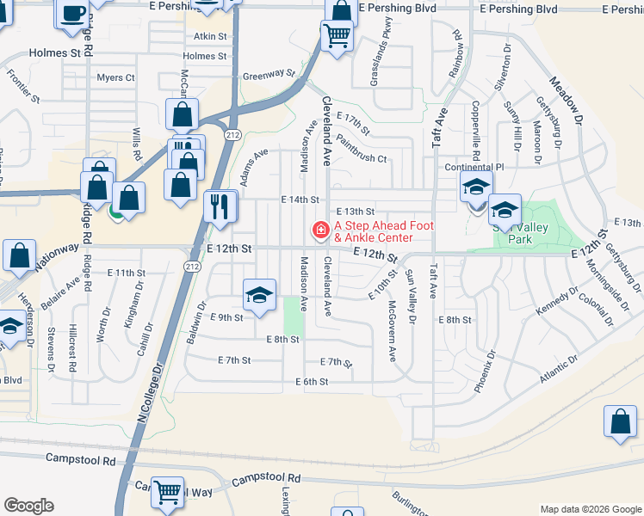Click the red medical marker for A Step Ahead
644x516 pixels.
click(319, 230)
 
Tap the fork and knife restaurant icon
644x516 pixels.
click(219, 206)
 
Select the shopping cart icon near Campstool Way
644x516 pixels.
click(167, 493)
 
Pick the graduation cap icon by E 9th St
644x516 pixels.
click(259, 296)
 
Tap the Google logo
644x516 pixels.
click(28, 506)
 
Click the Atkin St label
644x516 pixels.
click(210, 37)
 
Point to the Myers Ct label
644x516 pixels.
click(115, 77)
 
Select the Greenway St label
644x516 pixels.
click(269, 76)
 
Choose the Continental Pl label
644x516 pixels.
click(474, 167)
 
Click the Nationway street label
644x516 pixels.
click(58, 255)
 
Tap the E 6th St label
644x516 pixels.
click(312, 382)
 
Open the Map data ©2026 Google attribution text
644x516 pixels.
click(590, 509)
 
